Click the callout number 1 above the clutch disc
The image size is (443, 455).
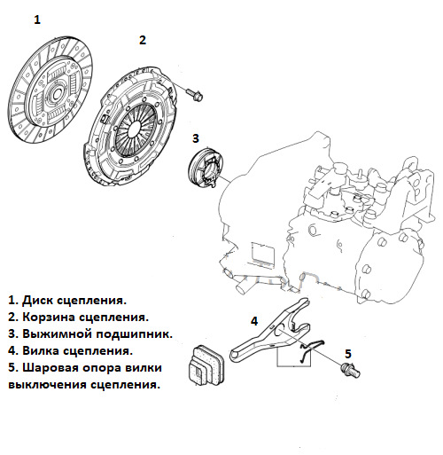click(37, 20)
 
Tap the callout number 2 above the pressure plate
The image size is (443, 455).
click(143, 40)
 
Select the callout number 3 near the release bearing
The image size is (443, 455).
click(196, 138)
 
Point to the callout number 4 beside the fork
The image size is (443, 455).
click(254, 321)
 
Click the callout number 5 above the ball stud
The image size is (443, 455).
click(348, 354)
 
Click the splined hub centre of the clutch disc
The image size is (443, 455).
click(56, 93)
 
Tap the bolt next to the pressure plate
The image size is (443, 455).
click(195, 95)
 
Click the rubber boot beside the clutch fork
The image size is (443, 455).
click(206, 365)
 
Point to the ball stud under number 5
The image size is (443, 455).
click(350, 370)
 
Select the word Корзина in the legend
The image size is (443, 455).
click(50, 318)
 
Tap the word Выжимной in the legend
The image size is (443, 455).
click(58, 334)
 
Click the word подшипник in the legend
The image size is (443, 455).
click(134, 334)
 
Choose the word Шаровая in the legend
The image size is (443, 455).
click(51, 368)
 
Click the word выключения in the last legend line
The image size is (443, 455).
click(47, 385)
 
